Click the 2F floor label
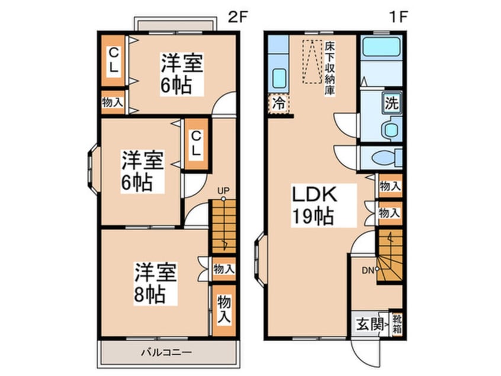coord(237,17)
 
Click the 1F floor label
coord(399,17)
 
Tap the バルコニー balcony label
coord(167,353)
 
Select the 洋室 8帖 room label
coord(155,283)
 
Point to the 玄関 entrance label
coord(370,325)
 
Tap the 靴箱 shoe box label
coord(397,324)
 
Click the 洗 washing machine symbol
coord(391,103)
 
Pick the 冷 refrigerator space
coord(278,104)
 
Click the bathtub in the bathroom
coord(381,47)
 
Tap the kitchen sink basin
coord(279,79)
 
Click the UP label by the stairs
coord(223,191)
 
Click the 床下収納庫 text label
coord(329,68)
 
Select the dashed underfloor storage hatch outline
coord(312,62)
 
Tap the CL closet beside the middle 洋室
coord(196,145)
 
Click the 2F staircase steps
coord(223,226)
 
